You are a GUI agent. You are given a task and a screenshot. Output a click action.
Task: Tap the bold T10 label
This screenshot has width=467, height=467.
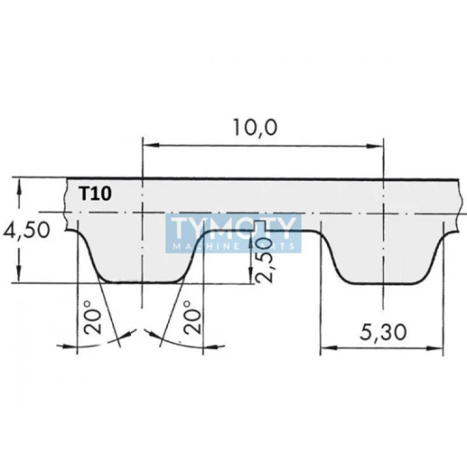coord(95,193)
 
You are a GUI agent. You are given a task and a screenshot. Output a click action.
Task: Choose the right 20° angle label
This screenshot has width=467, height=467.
coord(193,318)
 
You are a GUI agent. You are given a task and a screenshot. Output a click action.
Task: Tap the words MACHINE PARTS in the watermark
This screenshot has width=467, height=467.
coord(233,247)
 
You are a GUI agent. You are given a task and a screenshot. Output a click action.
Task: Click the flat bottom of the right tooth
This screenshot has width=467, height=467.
coord(383,284)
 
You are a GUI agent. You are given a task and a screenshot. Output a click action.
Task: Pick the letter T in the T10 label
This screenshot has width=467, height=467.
coord(84,193)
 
